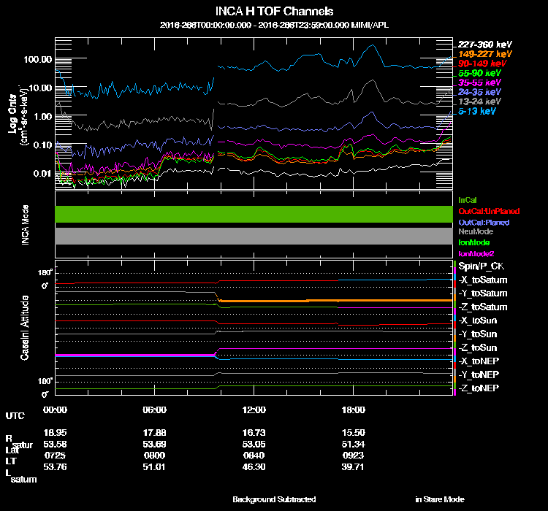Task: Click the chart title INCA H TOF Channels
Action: click(274, 12)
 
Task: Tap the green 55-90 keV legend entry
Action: click(480, 73)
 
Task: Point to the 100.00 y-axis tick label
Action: click(37, 59)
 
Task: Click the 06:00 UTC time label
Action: click(155, 410)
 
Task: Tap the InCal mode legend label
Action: click(467, 199)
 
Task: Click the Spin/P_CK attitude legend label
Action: click(481, 266)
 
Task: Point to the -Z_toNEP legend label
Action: click(479, 388)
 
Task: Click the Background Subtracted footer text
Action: click(274, 499)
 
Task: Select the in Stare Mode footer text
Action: click(440, 499)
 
